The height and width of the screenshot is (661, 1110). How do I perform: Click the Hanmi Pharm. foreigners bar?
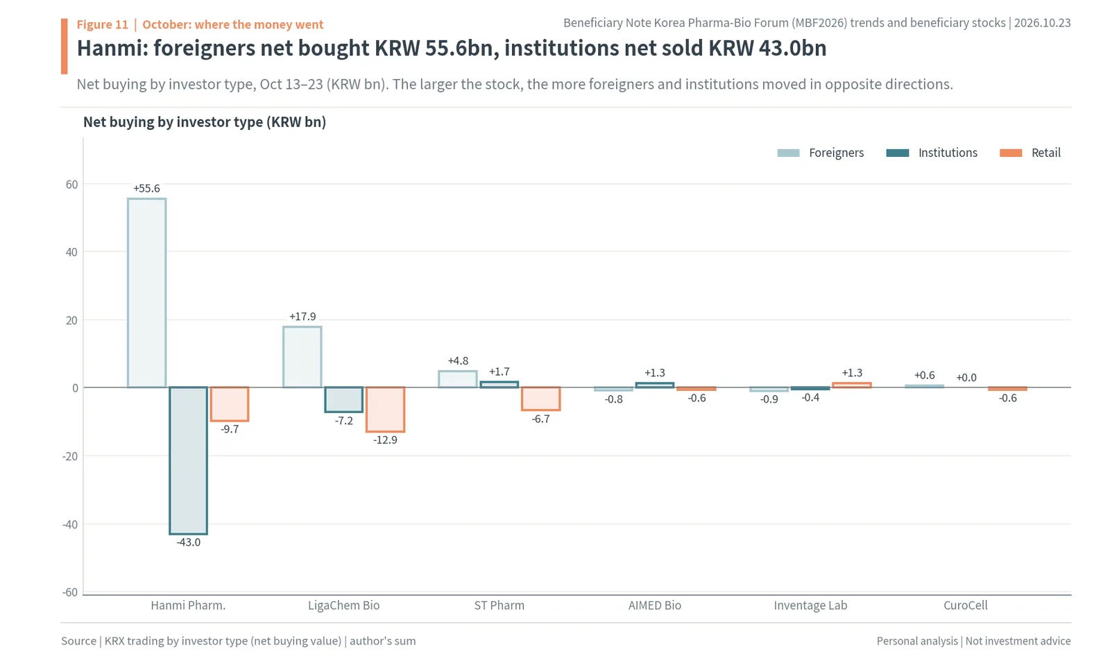tap(146, 292)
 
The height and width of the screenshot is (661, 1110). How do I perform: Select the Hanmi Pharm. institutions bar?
tap(188, 460)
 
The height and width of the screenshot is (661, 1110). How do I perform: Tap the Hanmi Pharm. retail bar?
tap(230, 404)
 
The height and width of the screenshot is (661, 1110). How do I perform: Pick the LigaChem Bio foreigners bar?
tap(302, 356)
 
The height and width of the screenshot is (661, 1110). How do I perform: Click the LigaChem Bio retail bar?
tap(386, 410)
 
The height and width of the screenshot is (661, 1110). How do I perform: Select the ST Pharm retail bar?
tap(540, 399)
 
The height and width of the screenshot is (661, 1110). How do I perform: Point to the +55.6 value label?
tap(146, 188)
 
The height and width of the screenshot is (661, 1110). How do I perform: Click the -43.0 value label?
tap(188, 542)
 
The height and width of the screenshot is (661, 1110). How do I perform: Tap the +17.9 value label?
tap(302, 317)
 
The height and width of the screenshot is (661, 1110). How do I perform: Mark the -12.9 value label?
tap(386, 440)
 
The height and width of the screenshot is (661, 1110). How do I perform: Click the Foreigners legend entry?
tap(821, 153)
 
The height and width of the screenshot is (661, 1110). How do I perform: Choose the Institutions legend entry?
tap(932, 153)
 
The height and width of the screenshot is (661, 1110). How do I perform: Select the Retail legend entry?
tap(1030, 153)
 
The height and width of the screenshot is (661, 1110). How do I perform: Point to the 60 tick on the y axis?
tap(72, 185)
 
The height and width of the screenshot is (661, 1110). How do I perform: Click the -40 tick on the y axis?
tap(70, 525)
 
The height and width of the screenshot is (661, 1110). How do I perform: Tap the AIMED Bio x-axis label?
tap(655, 605)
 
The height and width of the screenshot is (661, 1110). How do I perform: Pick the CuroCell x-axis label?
tap(965, 605)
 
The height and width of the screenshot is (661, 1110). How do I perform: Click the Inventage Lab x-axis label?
tap(810, 605)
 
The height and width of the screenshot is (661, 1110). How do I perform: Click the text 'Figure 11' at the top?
tap(103, 24)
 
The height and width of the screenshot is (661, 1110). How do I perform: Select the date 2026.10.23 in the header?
tap(1042, 23)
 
